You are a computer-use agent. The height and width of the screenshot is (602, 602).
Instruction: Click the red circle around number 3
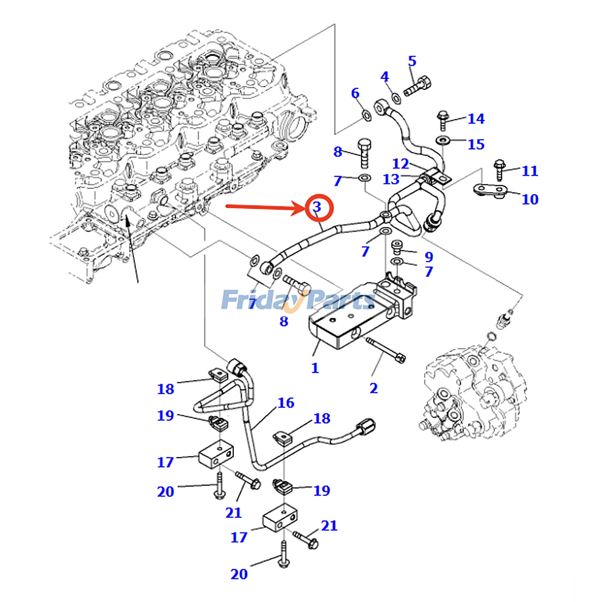pyautogui.click(x=319, y=207)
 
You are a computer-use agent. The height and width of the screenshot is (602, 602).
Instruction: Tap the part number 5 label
pyautogui.click(x=412, y=61)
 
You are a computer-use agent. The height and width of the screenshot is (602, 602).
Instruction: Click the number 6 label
pyautogui.click(x=355, y=93)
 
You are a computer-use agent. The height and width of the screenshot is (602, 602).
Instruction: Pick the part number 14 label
pyautogui.click(x=476, y=119)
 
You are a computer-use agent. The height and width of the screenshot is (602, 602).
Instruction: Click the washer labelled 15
pyautogui.click(x=442, y=141)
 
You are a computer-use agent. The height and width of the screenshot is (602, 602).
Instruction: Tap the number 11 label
pyautogui.click(x=530, y=171)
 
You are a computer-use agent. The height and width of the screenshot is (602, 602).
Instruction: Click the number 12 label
pyautogui.click(x=400, y=164)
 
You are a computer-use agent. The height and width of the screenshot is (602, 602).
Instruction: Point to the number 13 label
pyautogui.click(x=391, y=179)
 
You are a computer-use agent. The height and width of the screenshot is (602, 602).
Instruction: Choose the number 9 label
pyautogui.click(x=429, y=257)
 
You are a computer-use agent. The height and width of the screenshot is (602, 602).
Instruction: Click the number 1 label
pyautogui.click(x=315, y=368)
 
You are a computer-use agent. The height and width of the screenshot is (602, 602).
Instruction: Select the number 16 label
pyautogui.click(x=286, y=403)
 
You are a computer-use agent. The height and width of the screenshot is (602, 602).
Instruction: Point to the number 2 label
pyautogui.click(x=373, y=388)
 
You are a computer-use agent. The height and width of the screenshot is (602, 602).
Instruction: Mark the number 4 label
pyautogui.click(x=384, y=77)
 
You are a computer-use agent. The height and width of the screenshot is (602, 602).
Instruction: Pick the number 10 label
pyautogui.click(x=530, y=199)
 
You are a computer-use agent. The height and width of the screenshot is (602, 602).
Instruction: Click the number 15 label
pyautogui.click(x=476, y=144)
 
